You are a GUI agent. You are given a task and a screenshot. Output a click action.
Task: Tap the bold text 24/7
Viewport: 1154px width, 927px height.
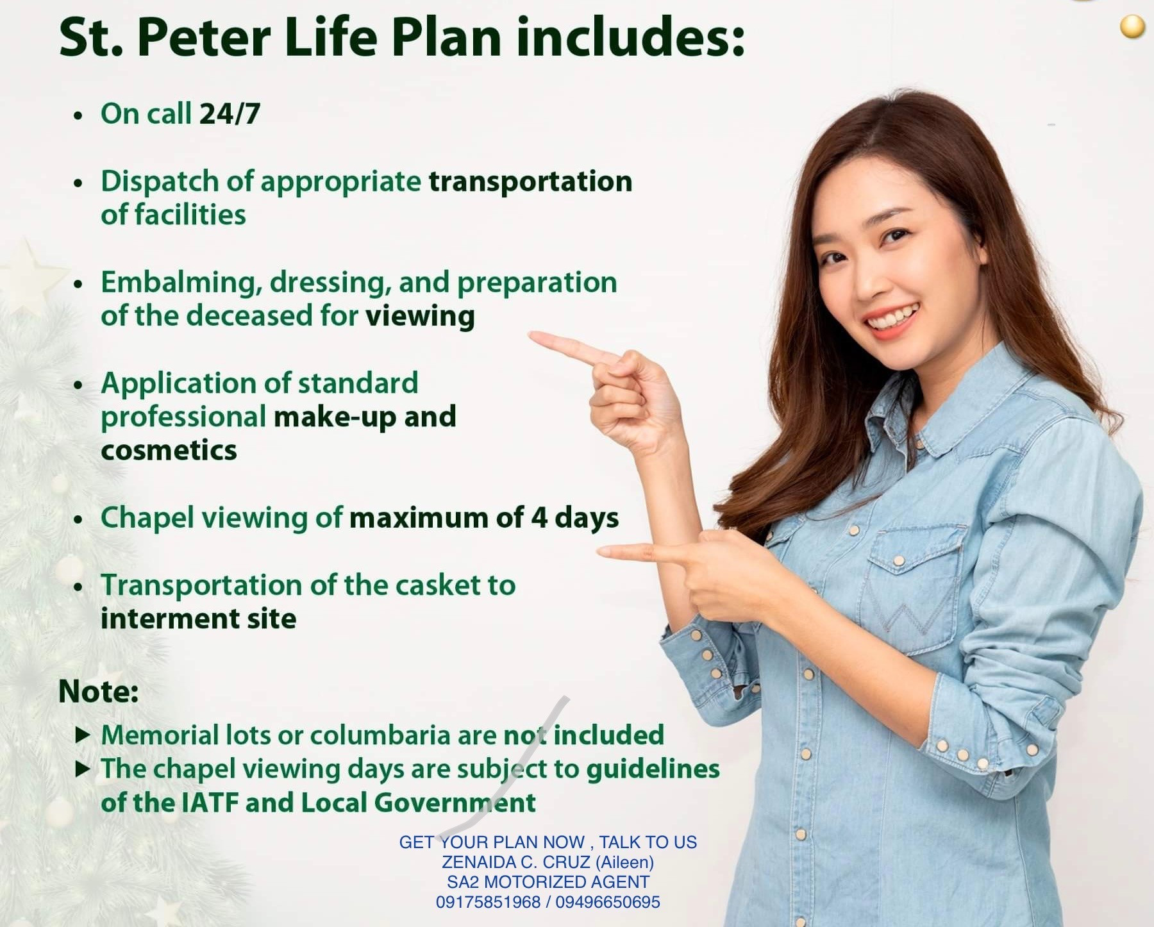[230, 114]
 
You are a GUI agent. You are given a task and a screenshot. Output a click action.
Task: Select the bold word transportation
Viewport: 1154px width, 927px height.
[530, 181]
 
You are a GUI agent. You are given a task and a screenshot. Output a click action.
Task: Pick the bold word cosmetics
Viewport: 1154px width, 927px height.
[169, 451]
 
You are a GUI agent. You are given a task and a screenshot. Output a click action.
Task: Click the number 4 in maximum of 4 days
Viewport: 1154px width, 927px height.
[539, 518]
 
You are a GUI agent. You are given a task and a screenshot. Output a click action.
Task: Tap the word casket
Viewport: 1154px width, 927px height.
[438, 585]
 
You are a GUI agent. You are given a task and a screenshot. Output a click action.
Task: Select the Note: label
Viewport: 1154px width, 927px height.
[99, 692]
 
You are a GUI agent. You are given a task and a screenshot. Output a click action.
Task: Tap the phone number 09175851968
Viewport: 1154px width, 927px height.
[488, 903]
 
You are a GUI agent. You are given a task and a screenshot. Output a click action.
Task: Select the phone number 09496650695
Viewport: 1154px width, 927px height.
[608, 903]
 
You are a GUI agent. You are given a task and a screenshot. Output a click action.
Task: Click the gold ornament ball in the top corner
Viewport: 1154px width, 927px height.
[1132, 27]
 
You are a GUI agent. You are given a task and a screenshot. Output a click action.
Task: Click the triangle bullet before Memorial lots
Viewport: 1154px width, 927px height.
[83, 735]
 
